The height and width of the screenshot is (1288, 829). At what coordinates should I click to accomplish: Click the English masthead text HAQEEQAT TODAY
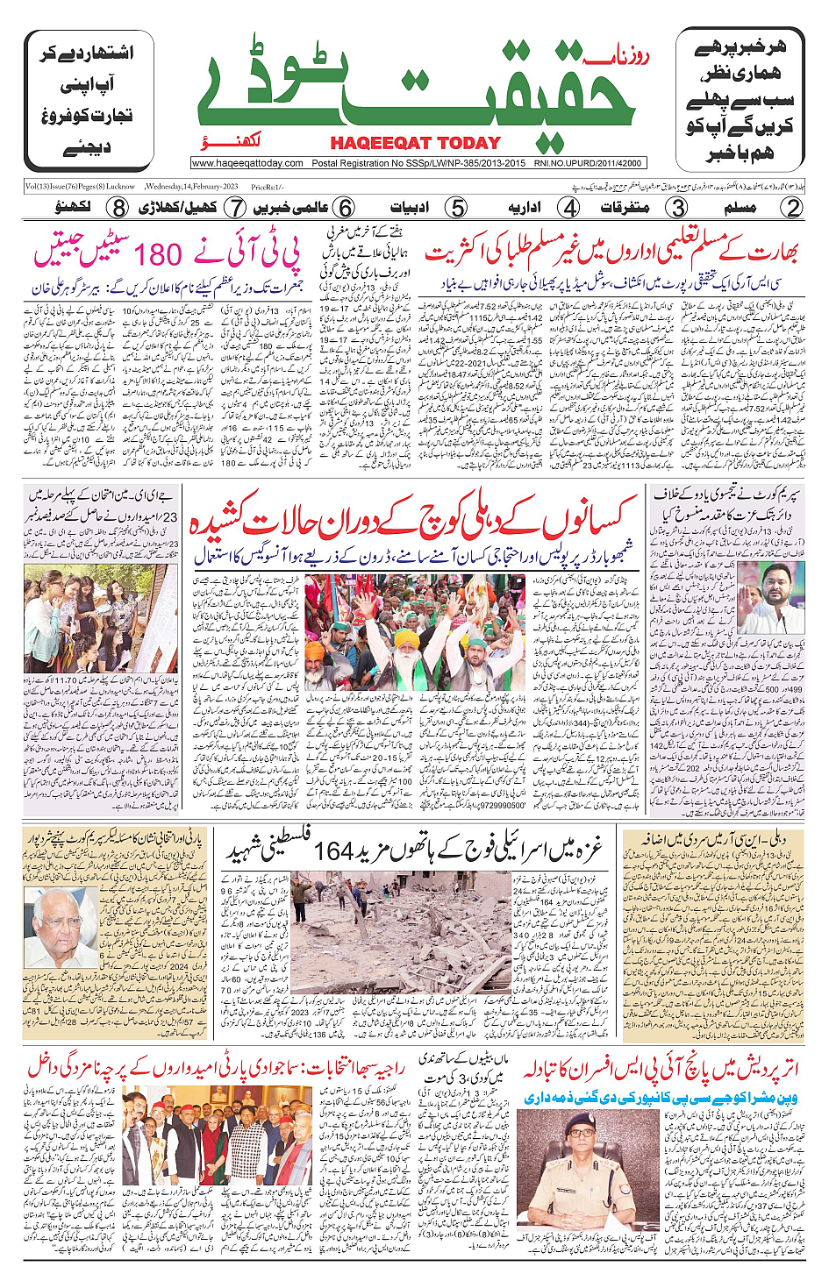[x=415, y=143]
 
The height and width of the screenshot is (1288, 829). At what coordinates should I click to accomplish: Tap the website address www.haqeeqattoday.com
[x=247, y=163]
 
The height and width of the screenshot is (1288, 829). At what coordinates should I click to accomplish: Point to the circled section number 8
[x=118, y=208]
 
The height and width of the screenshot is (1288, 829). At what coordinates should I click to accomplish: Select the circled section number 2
[x=792, y=208]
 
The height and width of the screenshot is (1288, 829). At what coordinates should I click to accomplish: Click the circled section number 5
[x=456, y=208]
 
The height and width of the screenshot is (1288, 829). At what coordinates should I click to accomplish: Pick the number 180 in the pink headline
[x=158, y=255]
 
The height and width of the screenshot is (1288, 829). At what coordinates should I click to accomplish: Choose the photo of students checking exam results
[x=96, y=618]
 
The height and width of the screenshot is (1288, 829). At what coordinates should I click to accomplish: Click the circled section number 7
[x=234, y=208]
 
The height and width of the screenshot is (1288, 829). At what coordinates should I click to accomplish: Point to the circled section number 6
[x=345, y=208]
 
